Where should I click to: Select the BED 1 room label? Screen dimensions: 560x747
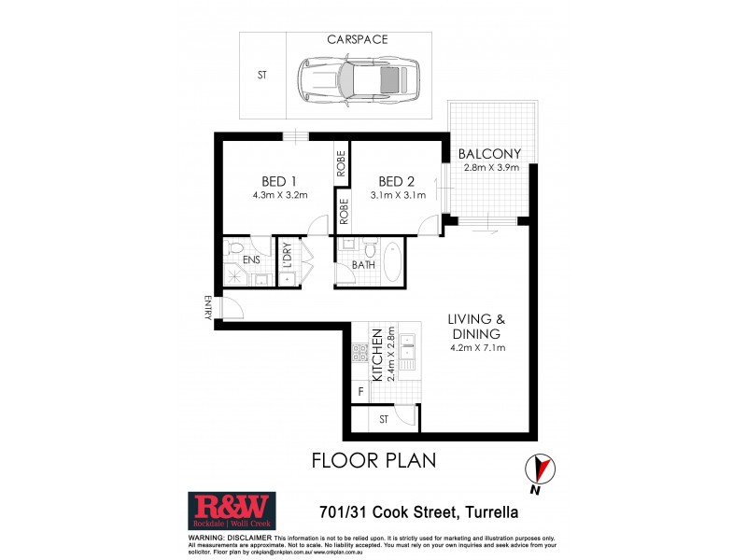279,180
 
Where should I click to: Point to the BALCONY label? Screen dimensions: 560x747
490,154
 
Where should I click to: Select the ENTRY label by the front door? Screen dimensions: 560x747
208,308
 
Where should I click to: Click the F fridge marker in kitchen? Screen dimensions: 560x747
360,393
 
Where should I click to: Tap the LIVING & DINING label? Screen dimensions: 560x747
475,326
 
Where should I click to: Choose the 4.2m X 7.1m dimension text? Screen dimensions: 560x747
475,348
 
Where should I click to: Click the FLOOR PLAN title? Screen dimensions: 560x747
373,461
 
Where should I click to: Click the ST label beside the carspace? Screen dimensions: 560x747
262,77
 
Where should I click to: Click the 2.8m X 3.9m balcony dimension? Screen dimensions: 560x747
490,168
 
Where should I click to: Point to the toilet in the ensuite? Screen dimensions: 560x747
236,248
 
